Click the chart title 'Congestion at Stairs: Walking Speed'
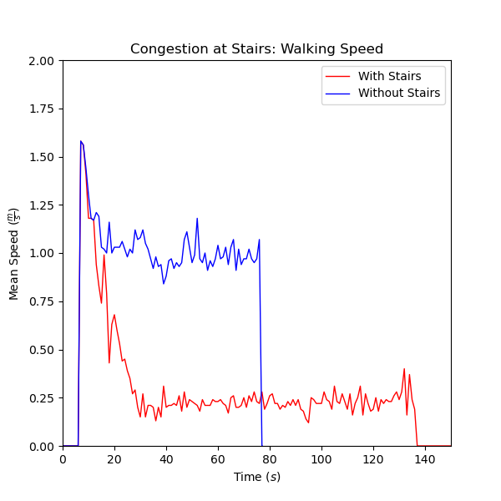click(x=256, y=49)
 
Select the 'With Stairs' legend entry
click(x=389, y=76)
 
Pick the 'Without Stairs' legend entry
click(x=398, y=93)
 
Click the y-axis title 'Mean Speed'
click(x=15, y=253)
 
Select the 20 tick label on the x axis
click(x=114, y=458)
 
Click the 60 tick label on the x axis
click(x=218, y=458)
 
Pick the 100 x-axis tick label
click(x=321, y=458)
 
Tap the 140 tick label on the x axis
click(x=425, y=458)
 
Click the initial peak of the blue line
click(x=81, y=141)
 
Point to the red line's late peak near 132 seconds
click(x=404, y=369)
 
